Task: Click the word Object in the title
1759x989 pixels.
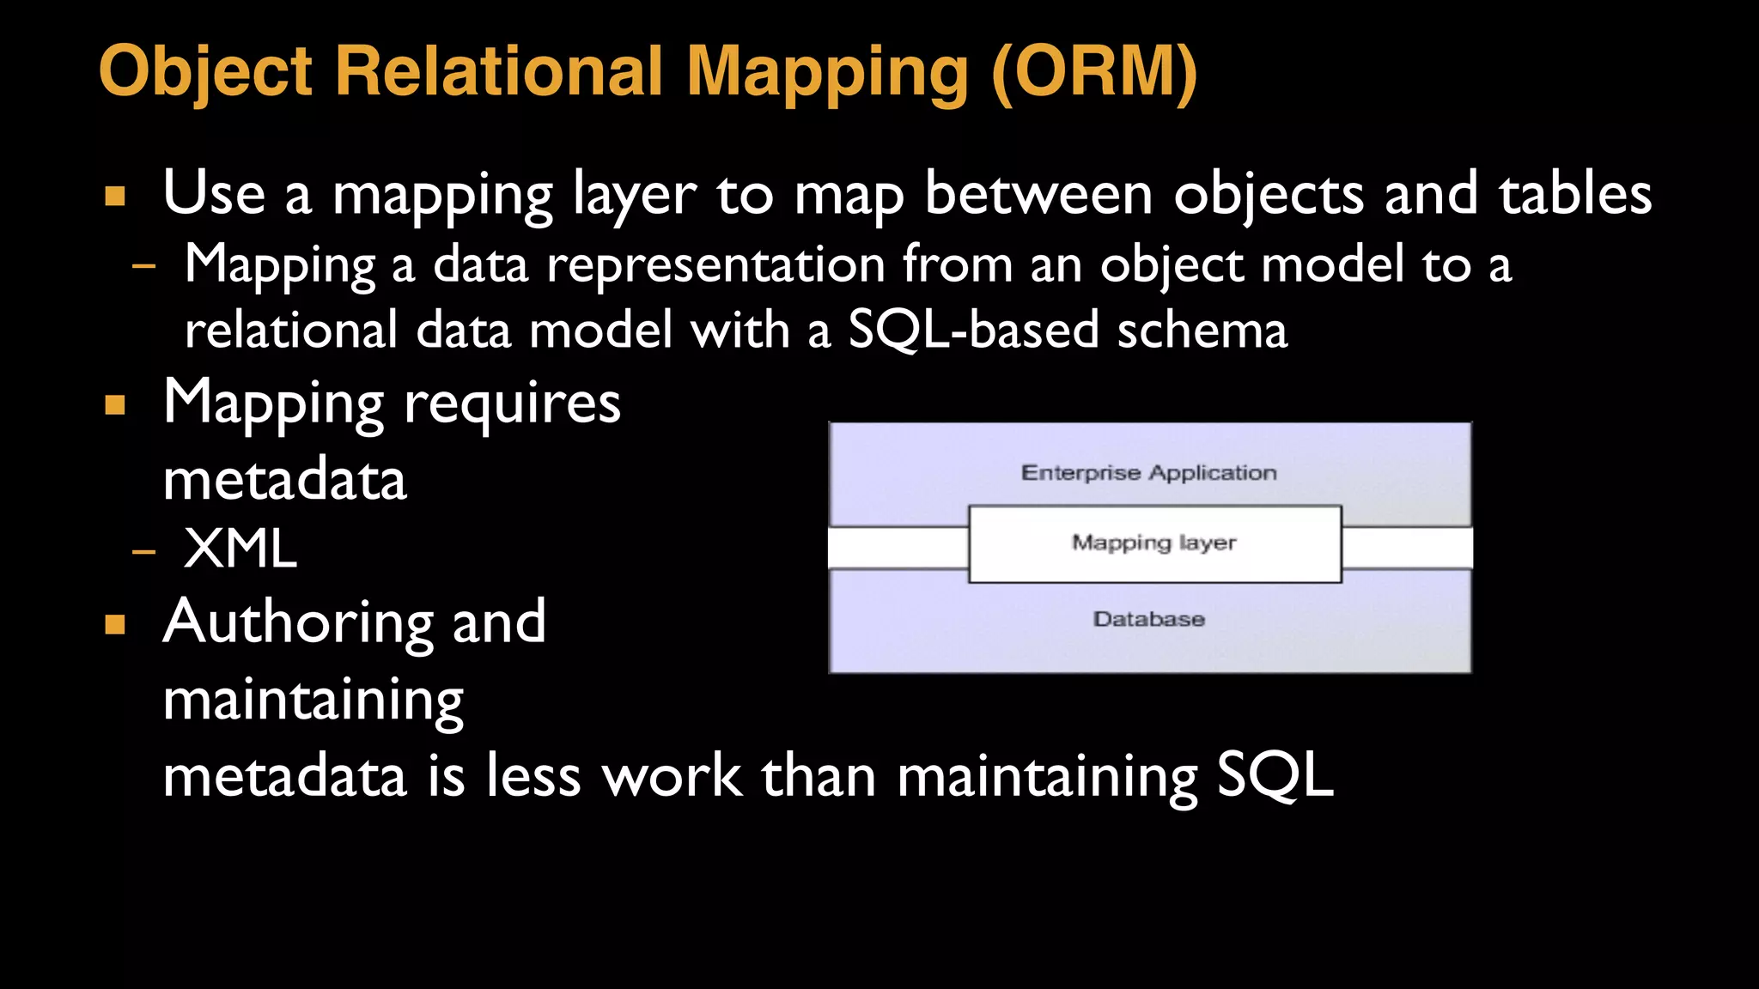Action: (x=206, y=71)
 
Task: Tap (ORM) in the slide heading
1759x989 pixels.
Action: (x=1094, y=71)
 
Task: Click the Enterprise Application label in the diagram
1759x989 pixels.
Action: (x=1148, y=473)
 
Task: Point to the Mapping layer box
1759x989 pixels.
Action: (x=1154, y=543)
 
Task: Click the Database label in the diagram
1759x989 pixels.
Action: (x=1148, y=619)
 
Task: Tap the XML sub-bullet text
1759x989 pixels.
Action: (x=240, y=549)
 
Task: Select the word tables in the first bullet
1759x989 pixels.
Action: (x=1575, y=194)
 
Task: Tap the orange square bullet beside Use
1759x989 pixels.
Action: (x=115, y=197)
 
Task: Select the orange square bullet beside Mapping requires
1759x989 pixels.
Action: (x=115, y=404)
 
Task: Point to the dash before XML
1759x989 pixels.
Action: (x=144, y=550)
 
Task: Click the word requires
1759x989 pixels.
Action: (x=512, y=404)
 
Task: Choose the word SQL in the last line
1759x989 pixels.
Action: (x=1275, y=775)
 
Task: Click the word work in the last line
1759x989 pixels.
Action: (x=672, y=775)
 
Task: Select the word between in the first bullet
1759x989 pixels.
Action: (x=1038, y=194)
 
